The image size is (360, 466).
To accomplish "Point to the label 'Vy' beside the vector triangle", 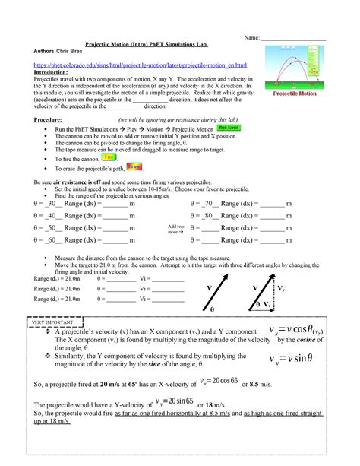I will tap(282, 289).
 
